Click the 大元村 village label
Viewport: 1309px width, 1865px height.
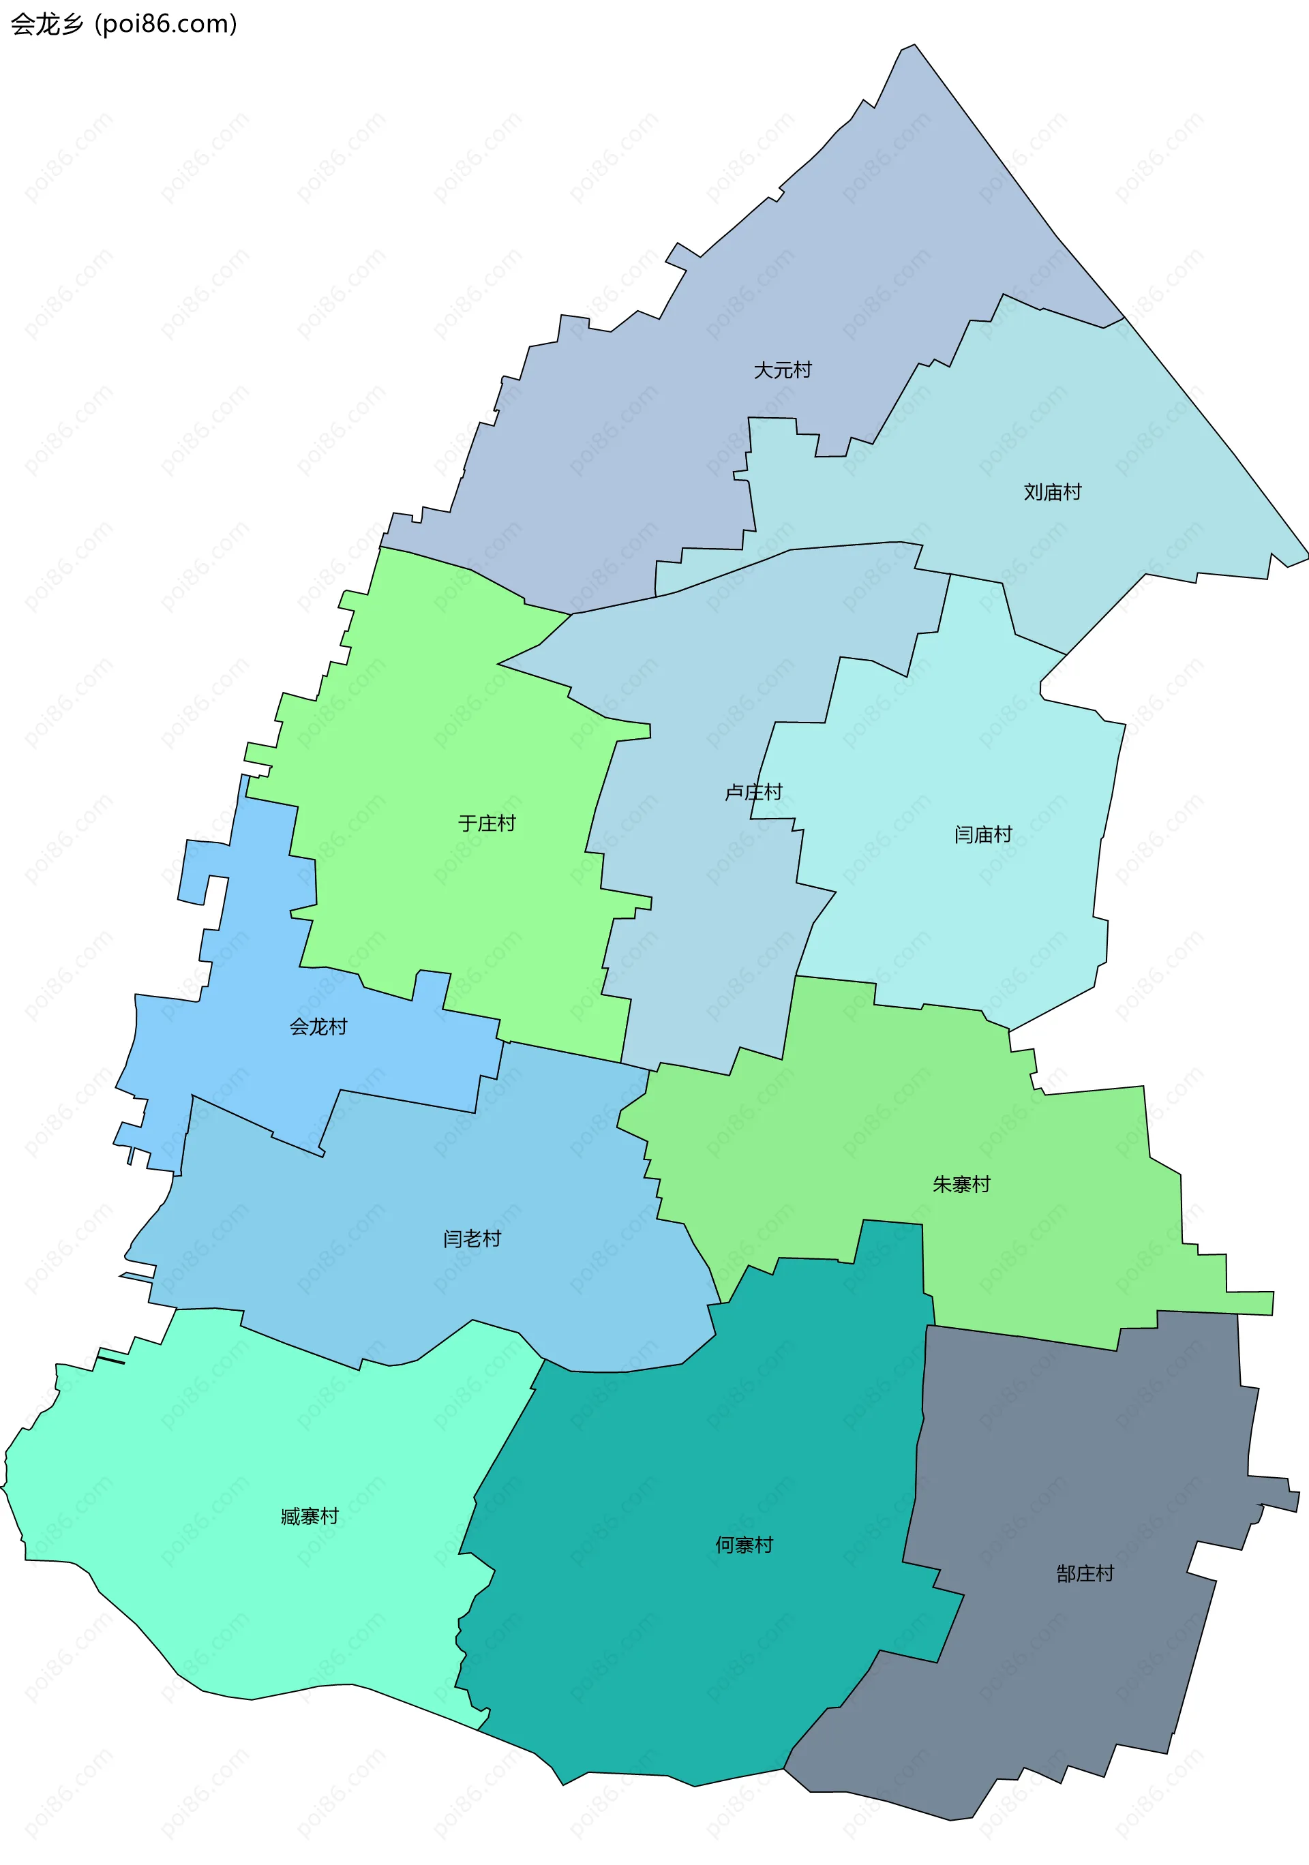pyautogui.click(x=783, y=370)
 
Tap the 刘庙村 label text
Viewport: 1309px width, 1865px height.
pyautogui.click(x=1052, y=492)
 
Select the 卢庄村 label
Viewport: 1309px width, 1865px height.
pyautogui.click(x=753, y=792)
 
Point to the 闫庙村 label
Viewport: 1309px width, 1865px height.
pyautogui.click(x=983, y=834)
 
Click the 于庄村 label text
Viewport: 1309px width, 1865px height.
pyautogui.click(x=487, y=823)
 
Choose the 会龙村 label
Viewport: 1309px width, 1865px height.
pyautogui.click(x=318, y=1027)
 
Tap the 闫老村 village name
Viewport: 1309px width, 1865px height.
pyautogui.click(x=472, y=1239)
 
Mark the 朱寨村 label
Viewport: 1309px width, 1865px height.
pyautogui.click(x=961, y=1184)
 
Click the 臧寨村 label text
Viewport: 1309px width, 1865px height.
pyautogui.click(x=310, y=1517)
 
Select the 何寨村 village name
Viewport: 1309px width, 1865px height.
pyautogui.click(x=744, y=1545)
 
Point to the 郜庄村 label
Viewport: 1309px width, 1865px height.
pyautogui.click(x=1085, y=1574)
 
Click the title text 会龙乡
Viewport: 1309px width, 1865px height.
pyautogui.click(x=47, y=25)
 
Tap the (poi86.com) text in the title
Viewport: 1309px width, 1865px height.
pyautogui.click(x=166, y=25)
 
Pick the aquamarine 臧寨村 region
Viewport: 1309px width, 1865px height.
pyautogui.click(x=244, y=1608)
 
